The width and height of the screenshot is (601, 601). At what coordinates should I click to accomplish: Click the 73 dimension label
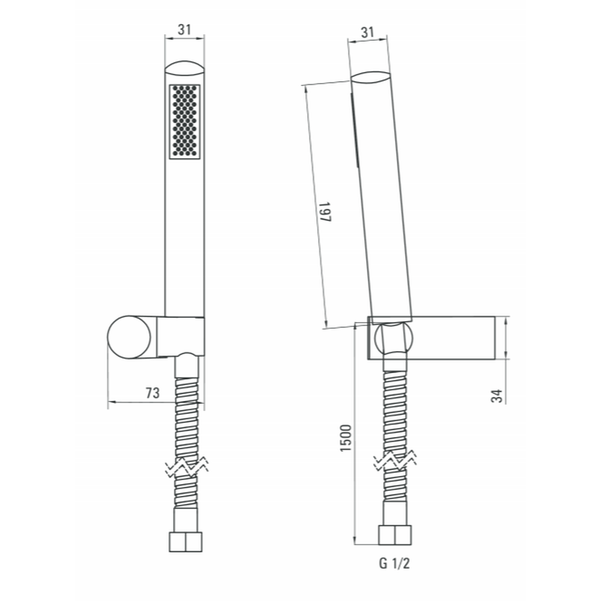152,393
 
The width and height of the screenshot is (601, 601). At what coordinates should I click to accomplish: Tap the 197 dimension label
325,212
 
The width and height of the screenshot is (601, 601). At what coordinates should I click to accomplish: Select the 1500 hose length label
346,438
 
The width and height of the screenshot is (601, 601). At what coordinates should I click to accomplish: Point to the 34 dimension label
497,395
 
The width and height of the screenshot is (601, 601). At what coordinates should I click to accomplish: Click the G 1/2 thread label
394,564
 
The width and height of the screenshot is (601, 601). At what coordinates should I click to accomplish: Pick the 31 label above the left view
185,29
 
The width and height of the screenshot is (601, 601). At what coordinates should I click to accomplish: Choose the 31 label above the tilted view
368,32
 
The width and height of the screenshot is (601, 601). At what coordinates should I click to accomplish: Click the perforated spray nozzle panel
185,121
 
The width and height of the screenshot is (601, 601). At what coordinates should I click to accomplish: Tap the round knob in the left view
129,338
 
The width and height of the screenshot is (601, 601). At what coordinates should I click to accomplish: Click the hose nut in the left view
186,542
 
